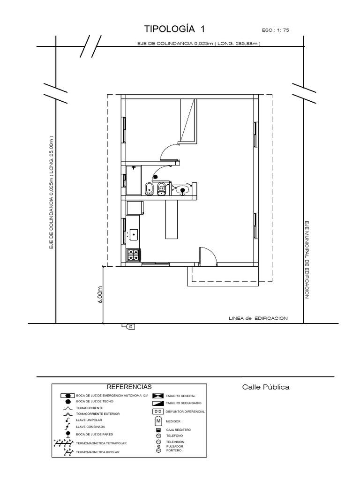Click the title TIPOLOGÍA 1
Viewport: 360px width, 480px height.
[175, 29]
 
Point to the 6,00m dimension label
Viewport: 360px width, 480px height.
[100, 295]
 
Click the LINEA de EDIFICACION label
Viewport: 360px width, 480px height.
[258, 318]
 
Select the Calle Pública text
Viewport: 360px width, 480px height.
[266, 387]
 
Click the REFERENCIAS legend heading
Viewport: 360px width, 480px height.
[129, 387]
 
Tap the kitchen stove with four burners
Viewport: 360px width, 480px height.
[133, 255]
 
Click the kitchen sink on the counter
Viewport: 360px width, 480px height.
[133, 233]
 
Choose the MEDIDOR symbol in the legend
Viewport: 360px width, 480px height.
[158, 420]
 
